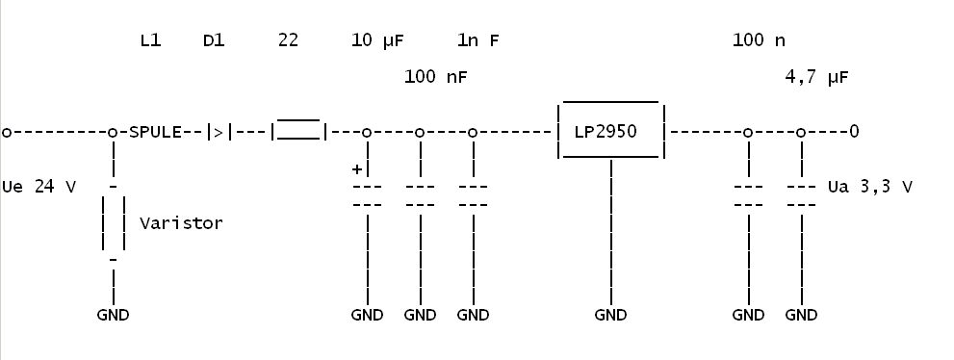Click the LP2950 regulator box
[611, 101]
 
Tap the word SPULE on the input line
[155, 132]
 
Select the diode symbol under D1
[219, 132]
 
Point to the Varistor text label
[181, 223]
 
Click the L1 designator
[150, 40]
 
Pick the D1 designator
[214, 40]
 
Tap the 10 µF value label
[377, 40]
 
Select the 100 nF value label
[436, 77]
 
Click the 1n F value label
[477, 40]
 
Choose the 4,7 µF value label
[816, 77]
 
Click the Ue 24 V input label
[39, 186]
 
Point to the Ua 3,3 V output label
[870, 186]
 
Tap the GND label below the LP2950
[610, 315]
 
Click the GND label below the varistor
[114, 315]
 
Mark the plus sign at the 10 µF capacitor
[357, 169]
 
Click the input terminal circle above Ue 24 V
[7, 132]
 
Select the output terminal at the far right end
[854, 131]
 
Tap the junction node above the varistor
[113, 132]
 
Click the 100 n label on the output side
[759, 40]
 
